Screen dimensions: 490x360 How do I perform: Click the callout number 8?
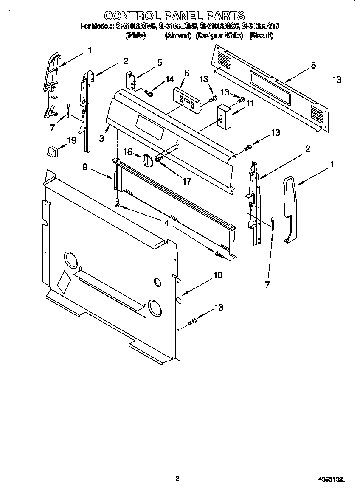(x=313, y=65)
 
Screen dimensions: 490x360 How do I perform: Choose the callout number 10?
(x=217, y=275)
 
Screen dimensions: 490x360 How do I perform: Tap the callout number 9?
(x=85, y=167)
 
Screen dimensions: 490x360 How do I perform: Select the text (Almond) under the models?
(x=177, y=36)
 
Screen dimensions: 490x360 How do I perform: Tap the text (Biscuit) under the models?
(x=261, y=36)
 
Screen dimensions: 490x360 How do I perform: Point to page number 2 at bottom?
(x=177, y=479)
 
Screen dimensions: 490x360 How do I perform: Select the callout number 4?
(x=167, y=223)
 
